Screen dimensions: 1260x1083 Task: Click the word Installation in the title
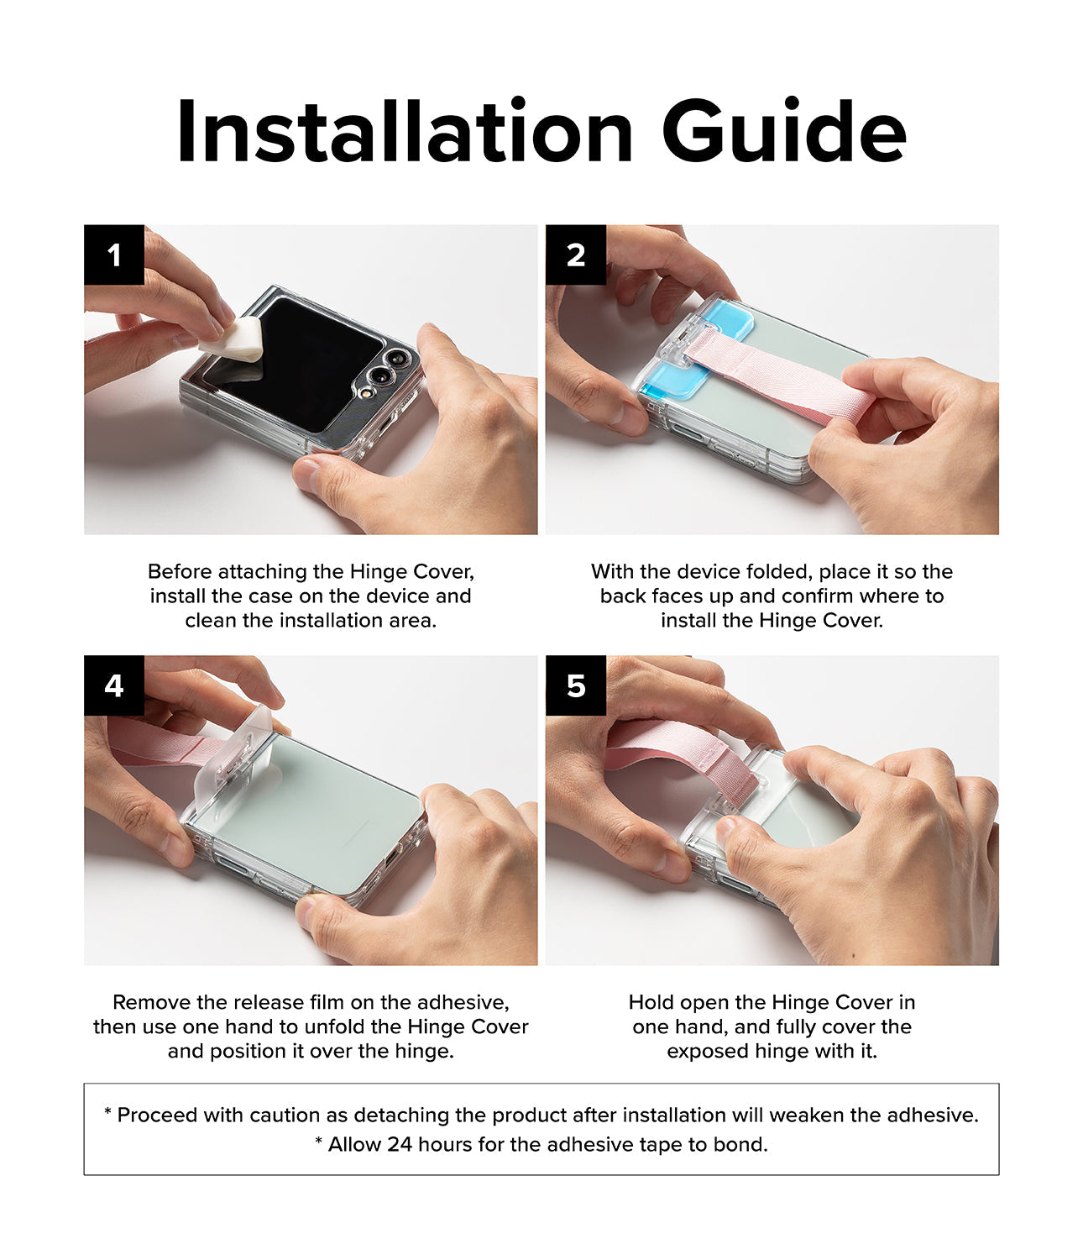point(404,133)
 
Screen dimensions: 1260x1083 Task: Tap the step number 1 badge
point(114,255)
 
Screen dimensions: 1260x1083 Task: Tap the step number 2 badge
point(576,255)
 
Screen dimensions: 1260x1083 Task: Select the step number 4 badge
point(114,686)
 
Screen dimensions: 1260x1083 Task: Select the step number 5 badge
point(576,686)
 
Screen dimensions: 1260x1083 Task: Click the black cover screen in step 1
point(294,361)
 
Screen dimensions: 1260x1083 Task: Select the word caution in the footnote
point(285,1116)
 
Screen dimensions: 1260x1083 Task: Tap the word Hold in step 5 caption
point(651,1002)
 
